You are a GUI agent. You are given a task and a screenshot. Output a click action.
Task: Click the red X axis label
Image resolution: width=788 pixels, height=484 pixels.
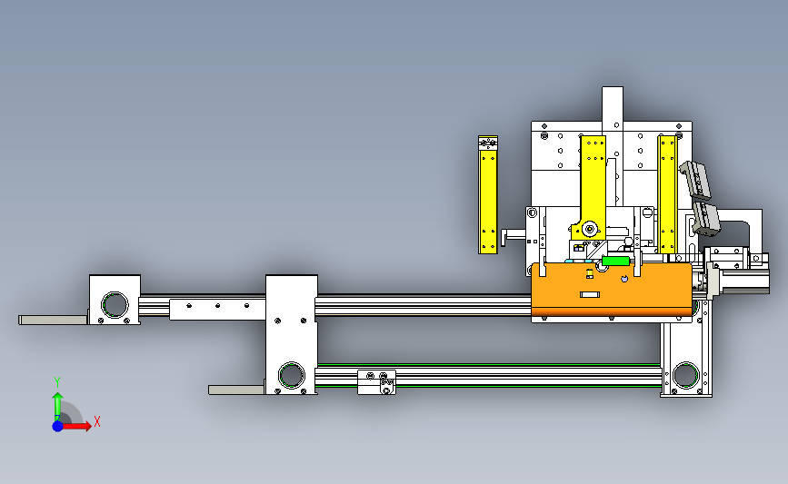(97, 421)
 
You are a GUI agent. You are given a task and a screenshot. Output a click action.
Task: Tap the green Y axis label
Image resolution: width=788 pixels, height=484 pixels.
(56, 382)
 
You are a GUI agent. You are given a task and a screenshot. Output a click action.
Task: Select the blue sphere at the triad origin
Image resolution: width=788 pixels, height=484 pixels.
(57, 426)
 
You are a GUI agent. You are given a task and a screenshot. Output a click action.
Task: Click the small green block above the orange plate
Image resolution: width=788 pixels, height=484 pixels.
(615, 261)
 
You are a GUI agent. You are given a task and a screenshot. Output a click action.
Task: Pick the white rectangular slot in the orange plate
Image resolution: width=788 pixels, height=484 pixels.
(590, 294)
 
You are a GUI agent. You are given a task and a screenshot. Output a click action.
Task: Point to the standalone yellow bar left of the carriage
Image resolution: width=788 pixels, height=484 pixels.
(488, 194)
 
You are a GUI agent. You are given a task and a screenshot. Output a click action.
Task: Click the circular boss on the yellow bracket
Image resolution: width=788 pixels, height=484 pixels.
(590, 230)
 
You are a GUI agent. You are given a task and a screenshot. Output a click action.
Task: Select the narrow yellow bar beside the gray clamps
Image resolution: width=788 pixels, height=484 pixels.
(667, 193)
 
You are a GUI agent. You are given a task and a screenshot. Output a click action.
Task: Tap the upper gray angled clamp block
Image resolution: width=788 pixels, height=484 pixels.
(696, 180)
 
